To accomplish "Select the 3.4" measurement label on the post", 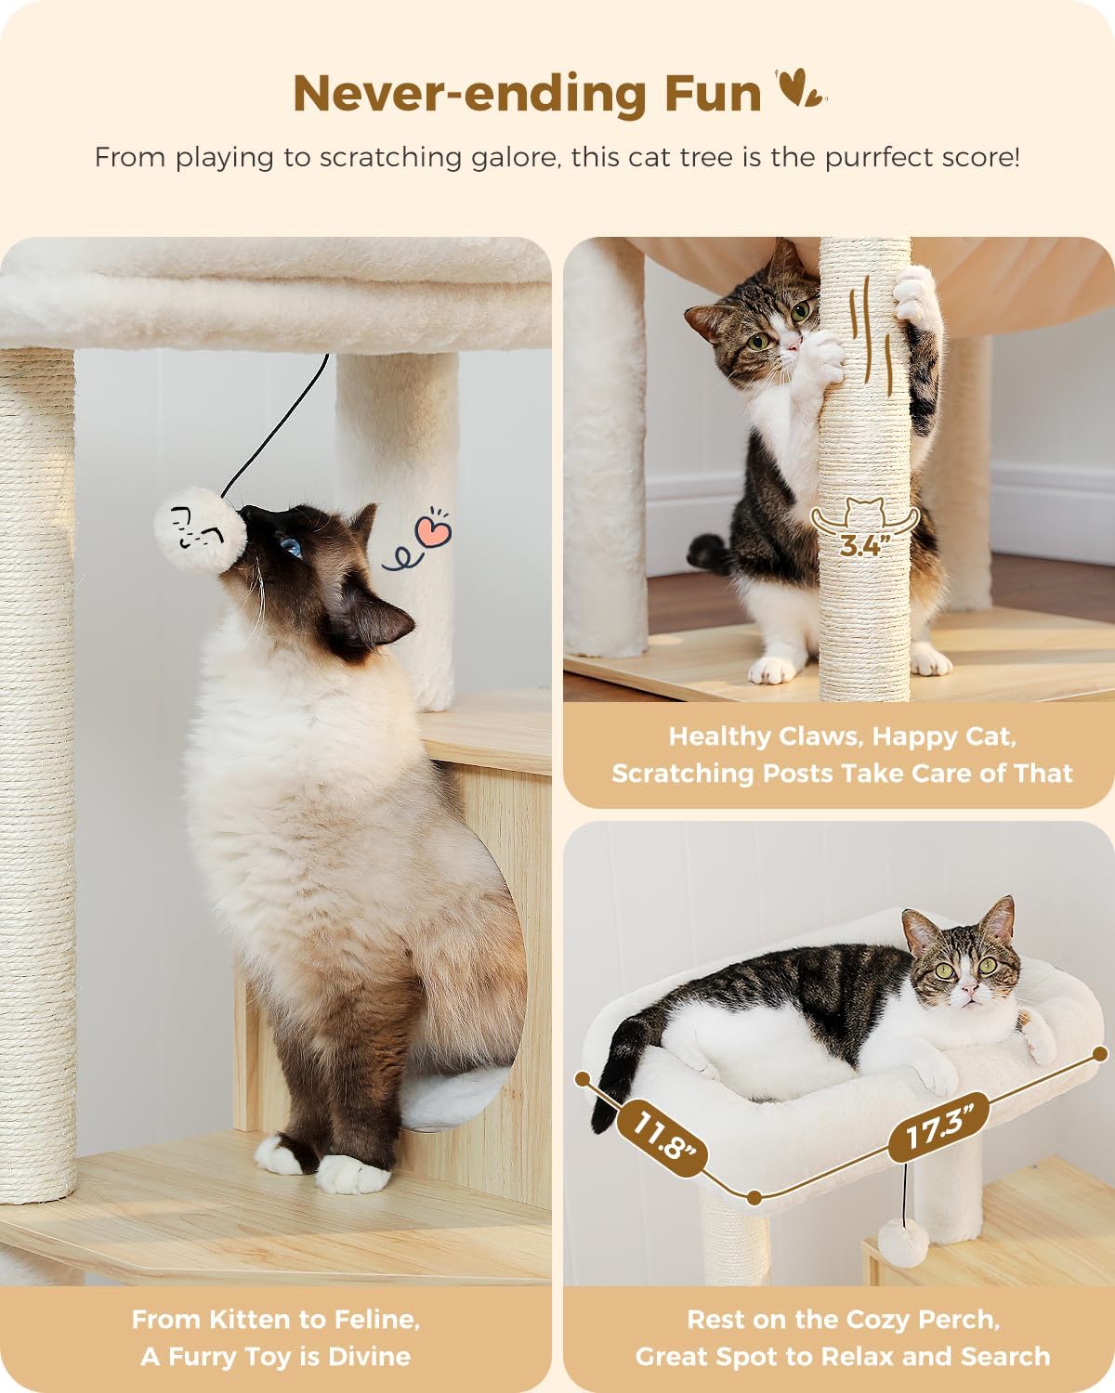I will (859, 544).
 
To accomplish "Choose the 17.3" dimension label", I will (937, 1128).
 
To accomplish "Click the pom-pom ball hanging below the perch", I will (902, 1239).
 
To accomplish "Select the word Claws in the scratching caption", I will (820, 736).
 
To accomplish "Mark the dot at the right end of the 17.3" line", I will (1101, 1054).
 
